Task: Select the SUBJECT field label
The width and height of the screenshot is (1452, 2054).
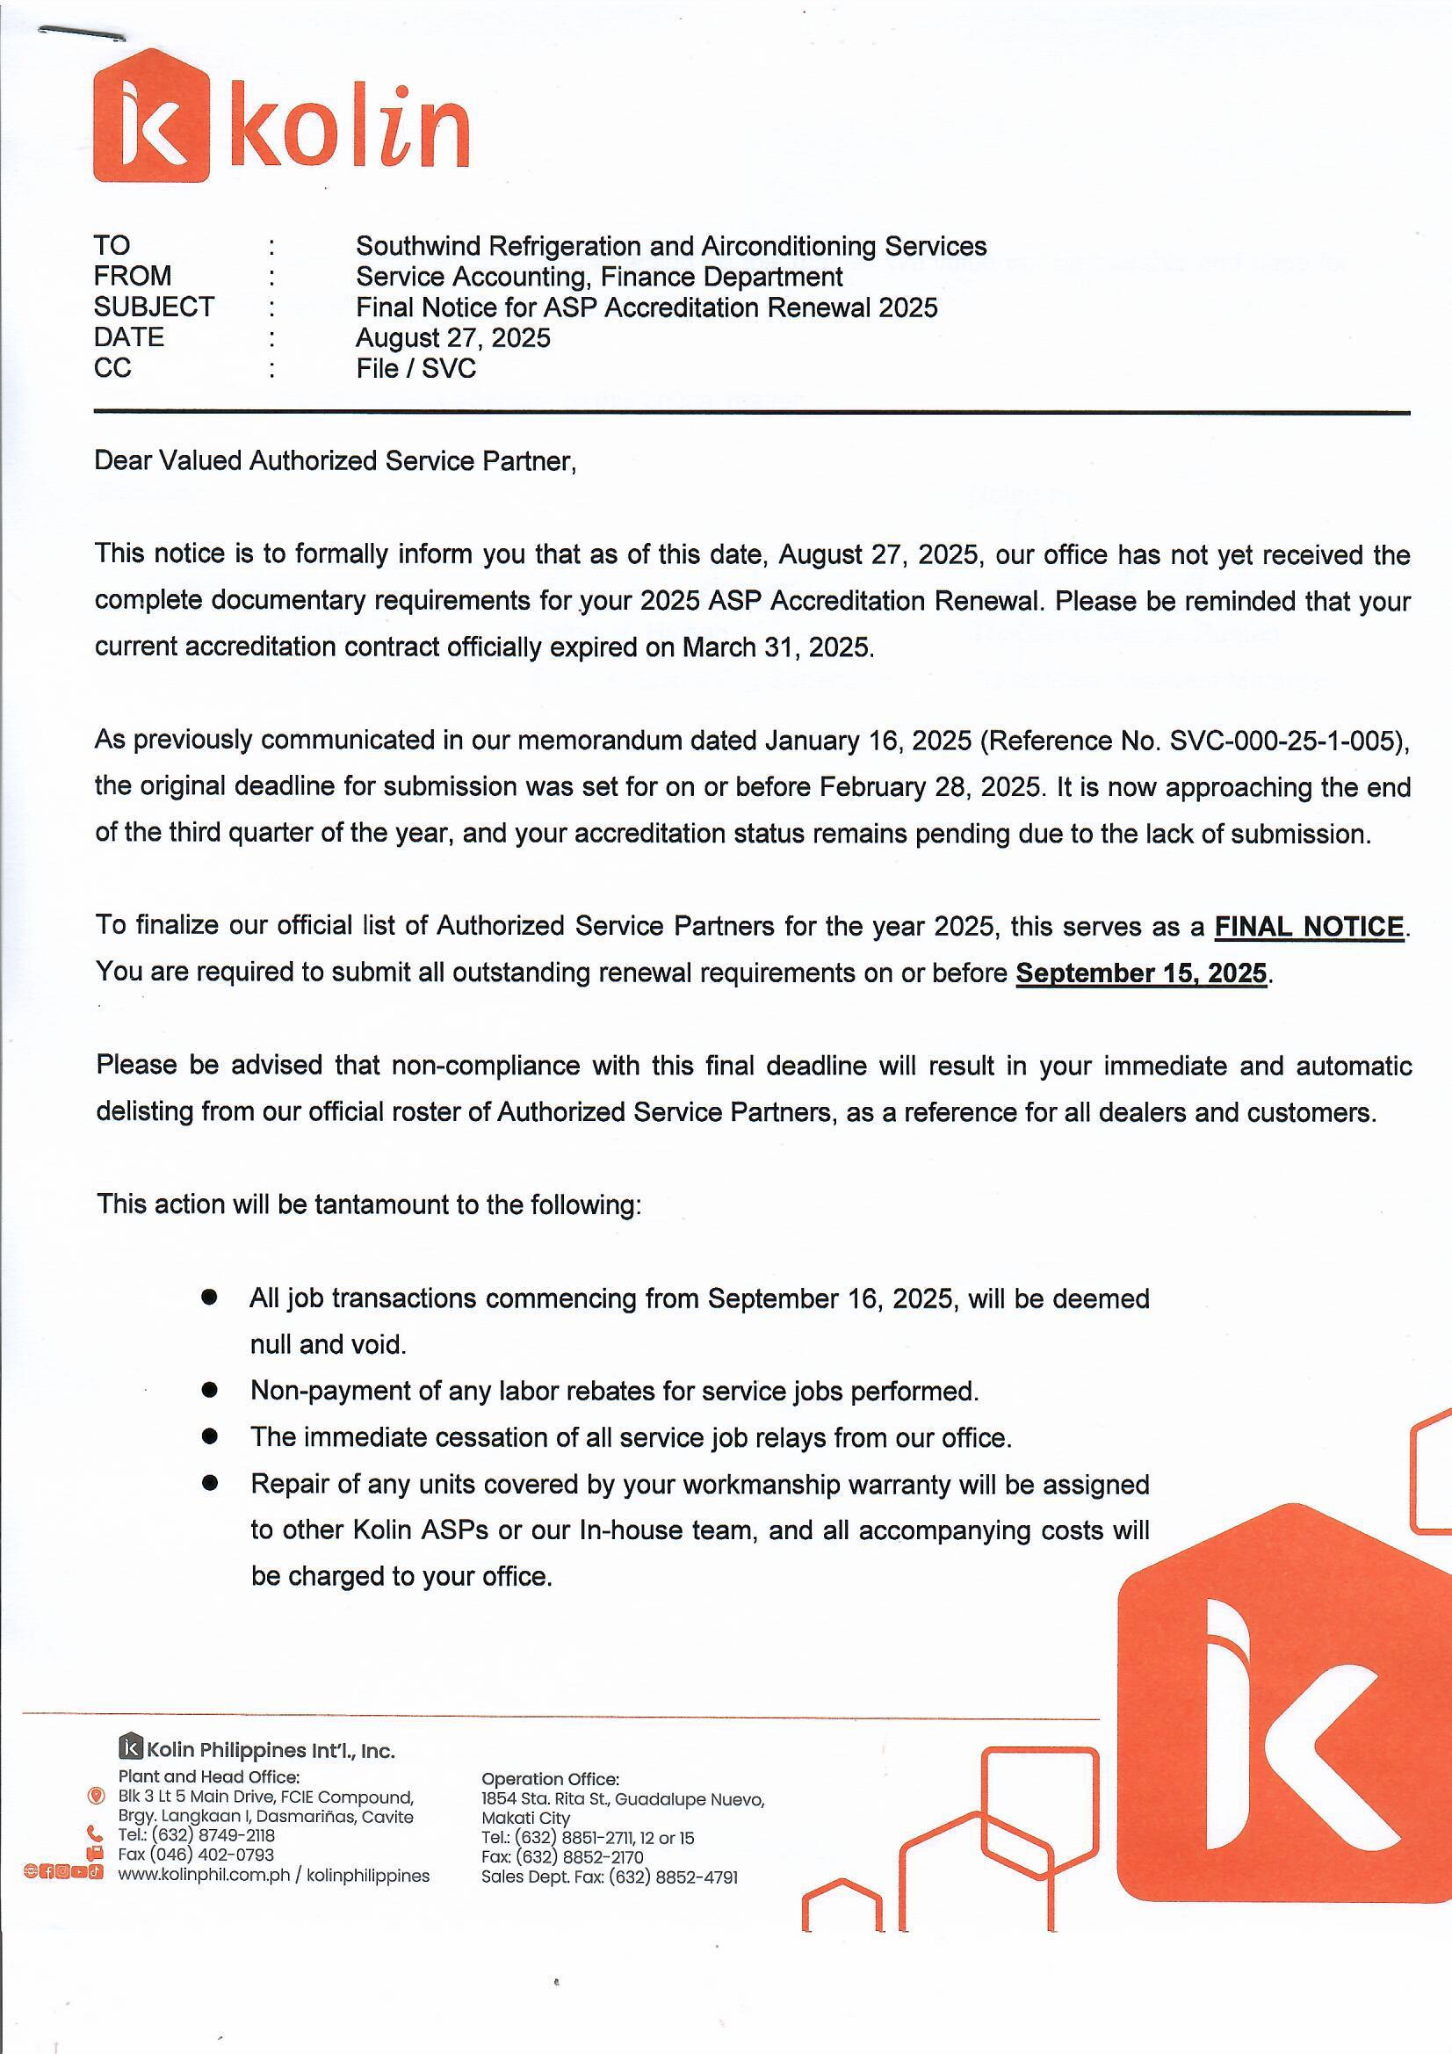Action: click(x=154, y=307)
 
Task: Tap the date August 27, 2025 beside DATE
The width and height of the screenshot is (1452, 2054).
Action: click(x=452, y=338)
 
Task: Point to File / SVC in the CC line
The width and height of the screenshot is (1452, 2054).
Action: click(x=416, y=369)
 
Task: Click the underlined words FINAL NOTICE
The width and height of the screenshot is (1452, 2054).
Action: click(x=1309, y=926)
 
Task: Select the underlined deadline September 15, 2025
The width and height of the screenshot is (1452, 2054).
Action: click(x=1142, y=973)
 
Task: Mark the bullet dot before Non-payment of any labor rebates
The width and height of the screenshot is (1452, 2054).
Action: click(x=210, y=1390)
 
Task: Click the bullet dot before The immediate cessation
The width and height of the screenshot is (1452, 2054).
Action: click(x=210, y=1436)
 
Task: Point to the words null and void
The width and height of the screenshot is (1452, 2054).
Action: click(x=328, y=1344)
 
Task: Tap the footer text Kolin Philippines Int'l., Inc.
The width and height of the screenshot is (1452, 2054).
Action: click(x=277, y=1751)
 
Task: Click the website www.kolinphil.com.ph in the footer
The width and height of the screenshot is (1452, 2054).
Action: click(x=204, y=1876)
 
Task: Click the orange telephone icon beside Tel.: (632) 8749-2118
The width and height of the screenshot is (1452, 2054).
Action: click(x=96, y=1836)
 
